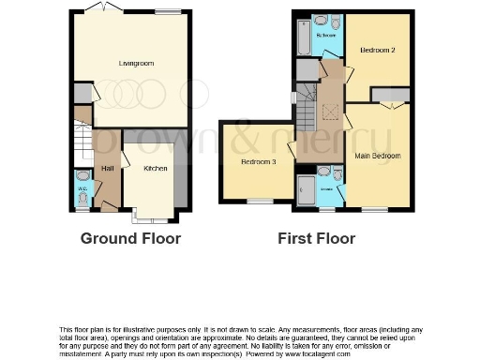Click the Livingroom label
tap(136, 64)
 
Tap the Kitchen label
tap(155, 169)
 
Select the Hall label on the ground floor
tap(107, 169)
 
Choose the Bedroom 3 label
tap(259, 162)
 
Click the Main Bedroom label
tap(378, 156)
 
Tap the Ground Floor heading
tap(130, 238)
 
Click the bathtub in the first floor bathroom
tap(302, 37)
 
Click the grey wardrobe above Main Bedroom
tap(389, 94)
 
